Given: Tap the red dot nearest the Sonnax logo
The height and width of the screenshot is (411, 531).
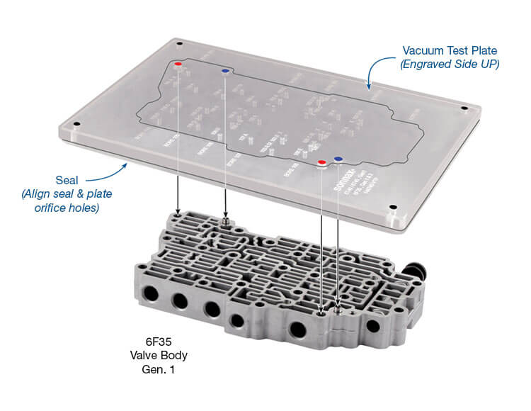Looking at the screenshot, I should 322,163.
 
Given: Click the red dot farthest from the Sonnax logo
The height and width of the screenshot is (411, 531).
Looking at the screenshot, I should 178,64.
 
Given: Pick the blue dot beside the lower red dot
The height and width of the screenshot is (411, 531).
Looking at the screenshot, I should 338,160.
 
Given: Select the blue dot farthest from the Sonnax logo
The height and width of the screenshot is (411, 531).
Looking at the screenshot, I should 225,72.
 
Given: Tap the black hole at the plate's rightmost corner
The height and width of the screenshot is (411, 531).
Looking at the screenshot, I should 464,108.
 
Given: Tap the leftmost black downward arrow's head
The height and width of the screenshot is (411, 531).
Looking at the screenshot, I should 178,208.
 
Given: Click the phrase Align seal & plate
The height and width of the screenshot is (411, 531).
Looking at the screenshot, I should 67,193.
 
